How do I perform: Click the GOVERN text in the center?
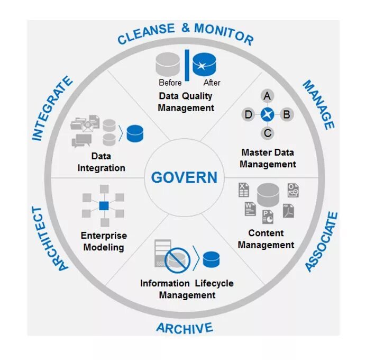(184, 177)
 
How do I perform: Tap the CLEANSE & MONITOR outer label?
(185, 33)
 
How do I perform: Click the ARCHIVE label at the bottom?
(185, 328)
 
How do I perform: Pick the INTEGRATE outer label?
(52, 109)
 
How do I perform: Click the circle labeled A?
(268, 96)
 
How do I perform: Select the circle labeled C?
(268, 133)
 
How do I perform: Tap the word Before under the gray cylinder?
(170, 83)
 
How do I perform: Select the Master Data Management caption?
(268, 158)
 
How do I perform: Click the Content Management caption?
(266, 239)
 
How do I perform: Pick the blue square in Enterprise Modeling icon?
(104, 205)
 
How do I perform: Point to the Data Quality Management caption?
(186, 102)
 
